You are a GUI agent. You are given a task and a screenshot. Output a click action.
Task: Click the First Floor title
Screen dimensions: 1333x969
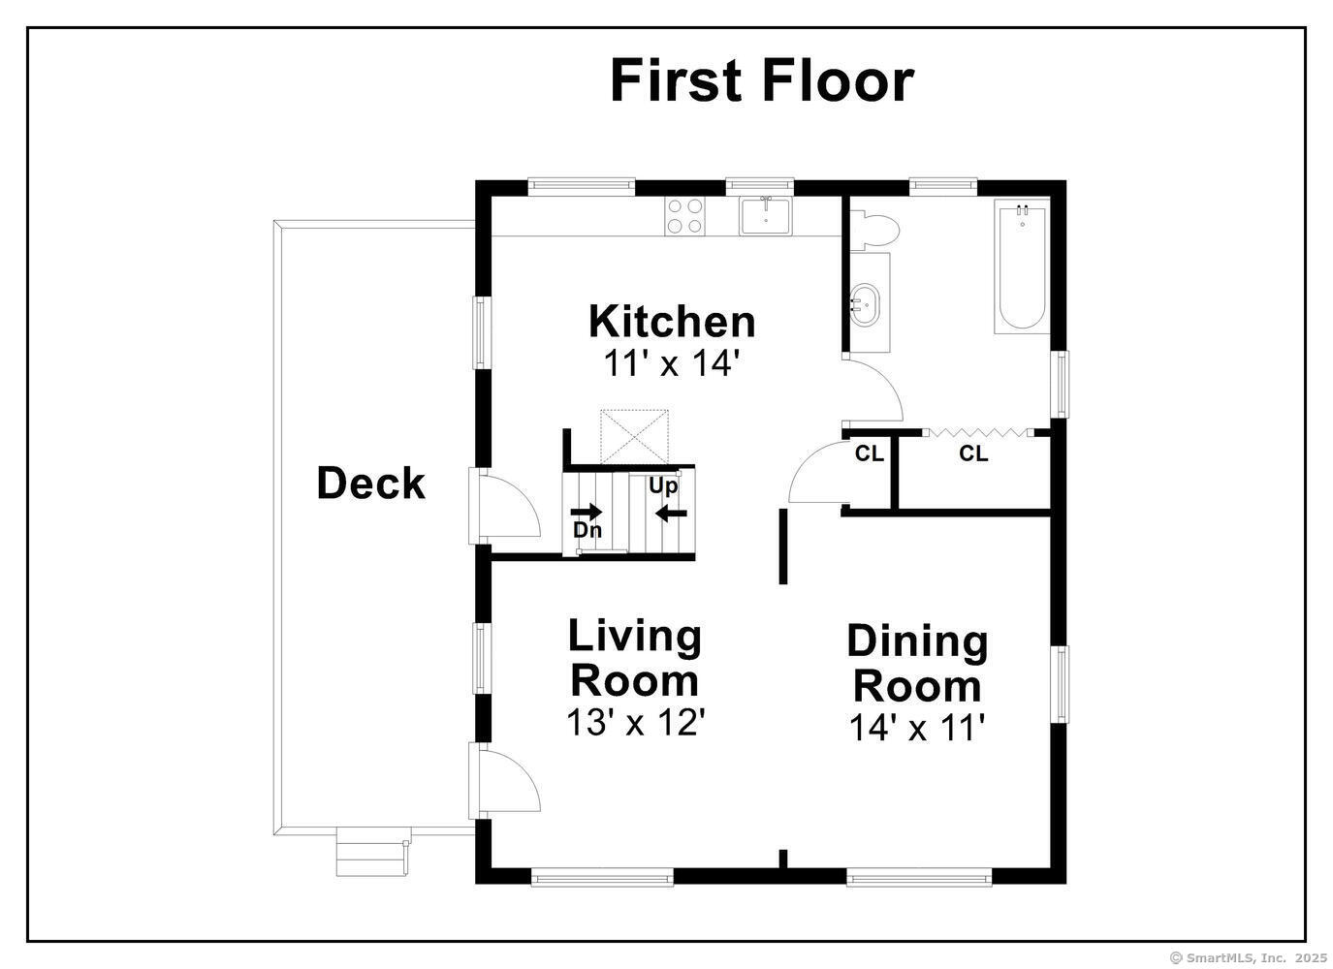pos(762,80)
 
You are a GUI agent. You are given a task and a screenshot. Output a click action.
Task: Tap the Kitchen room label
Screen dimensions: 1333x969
pos(672,322)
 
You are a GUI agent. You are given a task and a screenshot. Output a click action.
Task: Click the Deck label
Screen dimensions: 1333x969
pos(370,483)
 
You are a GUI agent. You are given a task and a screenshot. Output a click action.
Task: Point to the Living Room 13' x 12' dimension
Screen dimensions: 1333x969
pos(636,723)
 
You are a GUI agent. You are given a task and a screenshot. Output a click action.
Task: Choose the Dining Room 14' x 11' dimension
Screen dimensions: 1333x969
pos(917,728)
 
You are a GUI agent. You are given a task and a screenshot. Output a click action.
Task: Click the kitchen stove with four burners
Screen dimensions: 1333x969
pos(685,216)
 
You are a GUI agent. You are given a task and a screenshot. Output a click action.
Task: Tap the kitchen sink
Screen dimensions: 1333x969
pos(766,216)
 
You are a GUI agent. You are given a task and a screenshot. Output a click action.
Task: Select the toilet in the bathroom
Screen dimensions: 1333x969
pos(873,231)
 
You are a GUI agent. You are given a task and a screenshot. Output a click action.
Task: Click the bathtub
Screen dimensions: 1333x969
pos(1022,266)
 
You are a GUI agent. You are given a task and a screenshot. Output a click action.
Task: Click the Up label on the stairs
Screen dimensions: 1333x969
pos(663,486)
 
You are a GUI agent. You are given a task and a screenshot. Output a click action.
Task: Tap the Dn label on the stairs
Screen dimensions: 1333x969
pos(587,530)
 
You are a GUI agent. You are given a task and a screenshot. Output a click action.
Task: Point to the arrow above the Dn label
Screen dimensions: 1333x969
pos(587,511)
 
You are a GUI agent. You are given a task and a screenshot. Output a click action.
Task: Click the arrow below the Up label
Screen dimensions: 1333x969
pos(671,513)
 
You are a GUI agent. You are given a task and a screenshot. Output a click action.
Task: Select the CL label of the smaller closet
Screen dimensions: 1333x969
pos(870,453)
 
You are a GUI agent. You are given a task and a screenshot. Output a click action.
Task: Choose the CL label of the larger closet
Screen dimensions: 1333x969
pos(973,453)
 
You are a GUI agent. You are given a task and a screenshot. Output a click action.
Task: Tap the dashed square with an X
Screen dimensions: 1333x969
pos(634,437)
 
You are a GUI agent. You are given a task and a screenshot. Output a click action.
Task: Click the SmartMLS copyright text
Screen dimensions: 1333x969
pos(1248,957)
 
